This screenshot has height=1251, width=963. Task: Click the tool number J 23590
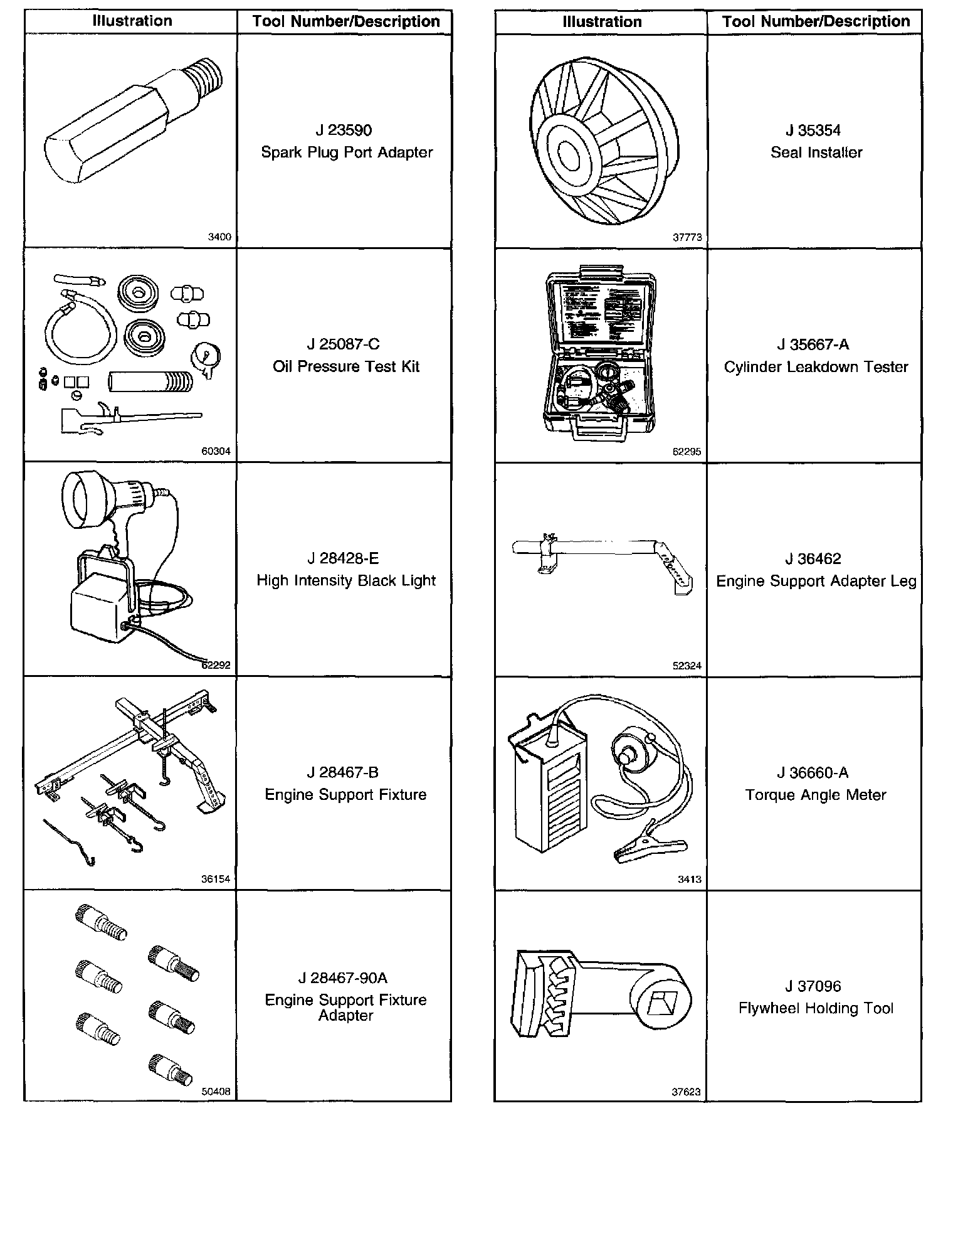pyautogui.click(x=344, y=130)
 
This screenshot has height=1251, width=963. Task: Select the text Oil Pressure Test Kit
pyautogui.click(x=346, y=366)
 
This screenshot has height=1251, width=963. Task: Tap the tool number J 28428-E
pyautogui.click(x=344, y=558)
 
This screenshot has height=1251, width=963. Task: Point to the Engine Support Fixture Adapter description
pyautogui.click(x=345, y=1008)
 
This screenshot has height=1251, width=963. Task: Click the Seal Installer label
pyautogui.click(x=816, y=152)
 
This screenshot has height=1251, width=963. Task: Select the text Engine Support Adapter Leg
pyautogui.click(x=816, y=581)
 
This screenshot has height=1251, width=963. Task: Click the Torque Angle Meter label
pyautogui.click(x=816, y=795)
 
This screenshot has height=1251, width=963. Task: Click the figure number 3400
pyautogui.click(x=219, y=237)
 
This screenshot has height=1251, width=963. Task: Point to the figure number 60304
pyautogui.click(x=216, y=451)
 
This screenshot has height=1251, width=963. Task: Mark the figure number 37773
pyautogui.click(x=687, y=238)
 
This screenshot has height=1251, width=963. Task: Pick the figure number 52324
pyautogui.click(x=687, y=666)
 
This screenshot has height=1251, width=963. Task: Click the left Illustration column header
pyautogui.click(x=132, y=21)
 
